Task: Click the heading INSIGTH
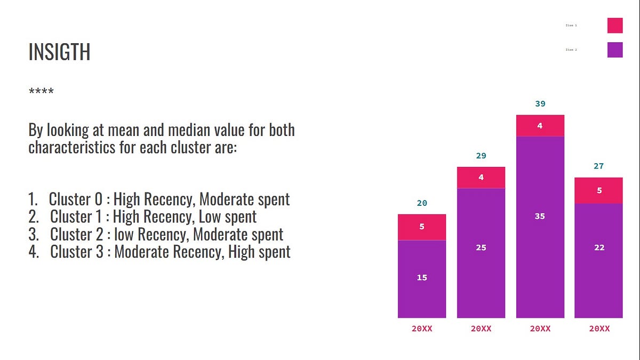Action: coord(59,52)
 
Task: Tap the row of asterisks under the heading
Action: coord(41,92)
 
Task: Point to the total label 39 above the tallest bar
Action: coord(540,103)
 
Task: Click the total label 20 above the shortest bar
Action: coord(422,203)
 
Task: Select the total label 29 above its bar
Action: coord(481,156)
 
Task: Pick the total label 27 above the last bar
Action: coord(598,166)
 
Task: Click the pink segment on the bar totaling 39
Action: coord(540,126)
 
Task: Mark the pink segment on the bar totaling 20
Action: coord(422,227)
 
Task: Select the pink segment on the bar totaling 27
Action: coord(598,190)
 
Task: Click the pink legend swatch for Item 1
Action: coord(615,25)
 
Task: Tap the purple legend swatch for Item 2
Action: coord(615,50)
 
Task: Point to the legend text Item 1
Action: coord(571,25)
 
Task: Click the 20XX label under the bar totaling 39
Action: coord(540,329)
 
